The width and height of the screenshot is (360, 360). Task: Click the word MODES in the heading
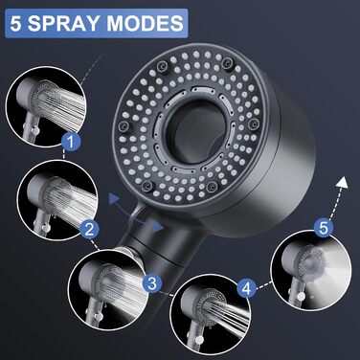[145, 23]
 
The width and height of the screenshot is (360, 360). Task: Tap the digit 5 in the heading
[15, 23]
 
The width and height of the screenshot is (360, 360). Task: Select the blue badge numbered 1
[71, 142]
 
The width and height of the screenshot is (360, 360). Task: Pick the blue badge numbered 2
[89, 229]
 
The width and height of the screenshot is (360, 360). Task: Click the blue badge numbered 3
[152, 282]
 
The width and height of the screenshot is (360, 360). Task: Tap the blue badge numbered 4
[246, 289]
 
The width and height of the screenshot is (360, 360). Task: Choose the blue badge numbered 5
[323, 228]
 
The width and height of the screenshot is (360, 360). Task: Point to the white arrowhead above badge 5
[343, 182]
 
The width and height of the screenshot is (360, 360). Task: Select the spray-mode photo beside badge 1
[46, 106]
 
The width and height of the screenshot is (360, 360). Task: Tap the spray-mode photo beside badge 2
[57, 200]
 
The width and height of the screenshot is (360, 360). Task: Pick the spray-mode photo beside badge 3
[108, 286]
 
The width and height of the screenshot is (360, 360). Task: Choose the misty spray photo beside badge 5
[311, 269]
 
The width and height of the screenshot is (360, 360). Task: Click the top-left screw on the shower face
[161, 65]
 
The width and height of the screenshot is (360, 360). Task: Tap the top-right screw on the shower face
[227, 61]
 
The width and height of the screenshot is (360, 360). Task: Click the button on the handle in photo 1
[34, 130]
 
